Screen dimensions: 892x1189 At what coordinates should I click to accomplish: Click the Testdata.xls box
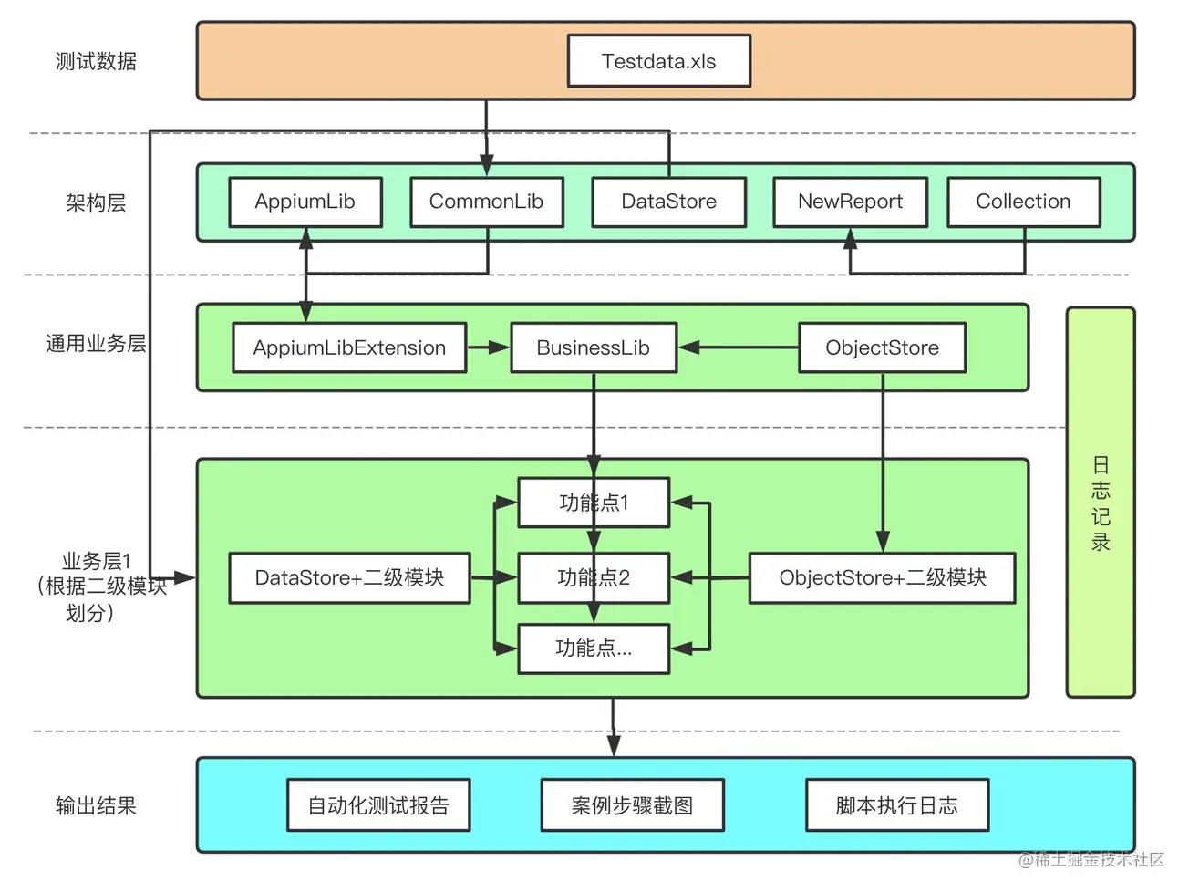click(x=658, y=61)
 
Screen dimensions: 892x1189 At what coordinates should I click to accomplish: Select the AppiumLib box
click(x=305, y=202)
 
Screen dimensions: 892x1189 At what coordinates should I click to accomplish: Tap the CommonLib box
click(x=486, y=202)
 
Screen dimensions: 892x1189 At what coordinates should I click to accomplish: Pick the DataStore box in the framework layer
click(x=668, y=202)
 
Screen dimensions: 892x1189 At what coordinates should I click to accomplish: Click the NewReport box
click(x=850, y=202)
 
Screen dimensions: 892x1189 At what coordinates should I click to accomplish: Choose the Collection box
click(x=1023, y=202)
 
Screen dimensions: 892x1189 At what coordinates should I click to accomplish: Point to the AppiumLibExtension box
click(x=349, y=347)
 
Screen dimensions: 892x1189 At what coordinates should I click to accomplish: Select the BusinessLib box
click(x=593, y=347)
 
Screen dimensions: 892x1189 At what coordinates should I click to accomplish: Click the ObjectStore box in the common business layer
click(x=882, y=347)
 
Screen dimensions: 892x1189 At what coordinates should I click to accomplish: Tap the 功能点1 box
click(x=594, y=503)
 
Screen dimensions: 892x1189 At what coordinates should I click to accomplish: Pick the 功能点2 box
click(x=594, y=577)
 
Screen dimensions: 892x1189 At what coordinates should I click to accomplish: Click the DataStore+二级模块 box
click(x=349, y=577)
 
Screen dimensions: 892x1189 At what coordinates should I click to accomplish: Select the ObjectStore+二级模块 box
click(x=882, y=577)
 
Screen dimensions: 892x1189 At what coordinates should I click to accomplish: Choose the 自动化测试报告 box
click(x=378, y=805)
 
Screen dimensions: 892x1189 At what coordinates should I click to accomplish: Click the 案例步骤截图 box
click(x=632, y=805)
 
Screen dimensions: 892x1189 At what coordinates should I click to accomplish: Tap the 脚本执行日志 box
click(x=896, y=805)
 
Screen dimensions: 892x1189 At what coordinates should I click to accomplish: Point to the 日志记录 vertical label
click(x=1101, y=503)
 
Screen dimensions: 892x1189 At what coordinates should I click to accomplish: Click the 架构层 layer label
click(x=96, y=202)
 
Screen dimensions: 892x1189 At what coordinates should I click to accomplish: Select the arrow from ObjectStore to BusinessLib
click(x=738, y=347)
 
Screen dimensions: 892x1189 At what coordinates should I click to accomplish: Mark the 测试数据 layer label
click(x=96, y=61)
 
